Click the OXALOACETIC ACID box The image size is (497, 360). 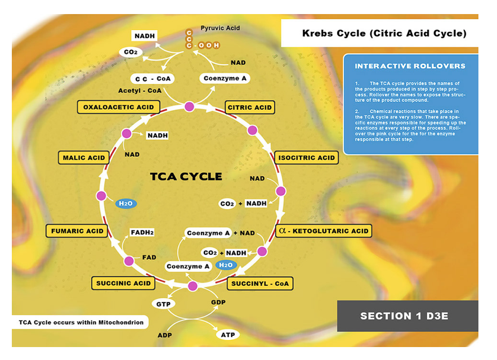pyautogui.click(x=118, y=107)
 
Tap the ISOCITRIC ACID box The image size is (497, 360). pyautogui.click(x=306, y=157)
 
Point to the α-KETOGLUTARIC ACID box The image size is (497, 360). pyautogui.click(x=323, y=231)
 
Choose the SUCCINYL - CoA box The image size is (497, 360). pyautogui.click(x=260, y=283)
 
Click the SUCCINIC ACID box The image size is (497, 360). pyautogui.click(x=123, y=283)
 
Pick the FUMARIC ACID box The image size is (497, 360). pyautogui.click(x=77, y=231)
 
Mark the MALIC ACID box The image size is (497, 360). pyautogui.click(x=84, y=157)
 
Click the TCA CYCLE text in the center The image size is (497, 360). pyautogui.click(x=186, y=177)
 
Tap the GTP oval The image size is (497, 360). pyautogui.click(x=163, y=304)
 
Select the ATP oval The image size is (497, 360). pyautogui.click(x=227, y=335)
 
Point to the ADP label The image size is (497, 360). pyautogui.click(x=165, y=335)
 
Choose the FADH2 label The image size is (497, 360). pyautogui.click(x=142, y=232)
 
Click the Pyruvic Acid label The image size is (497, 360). pyautogui.click(x=220, y=28)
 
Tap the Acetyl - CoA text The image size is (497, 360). pyautogui.click(x=139, y=91)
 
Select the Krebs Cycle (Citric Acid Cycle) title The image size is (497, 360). pyautogui.click(x=384, y=33)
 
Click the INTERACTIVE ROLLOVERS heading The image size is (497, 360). pyautogui.click(x=410, y=66)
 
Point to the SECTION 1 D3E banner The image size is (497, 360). pyautogui.click(x=404, y=316)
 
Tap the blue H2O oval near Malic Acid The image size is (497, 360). pyautogui.click(x=126, y=203)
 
